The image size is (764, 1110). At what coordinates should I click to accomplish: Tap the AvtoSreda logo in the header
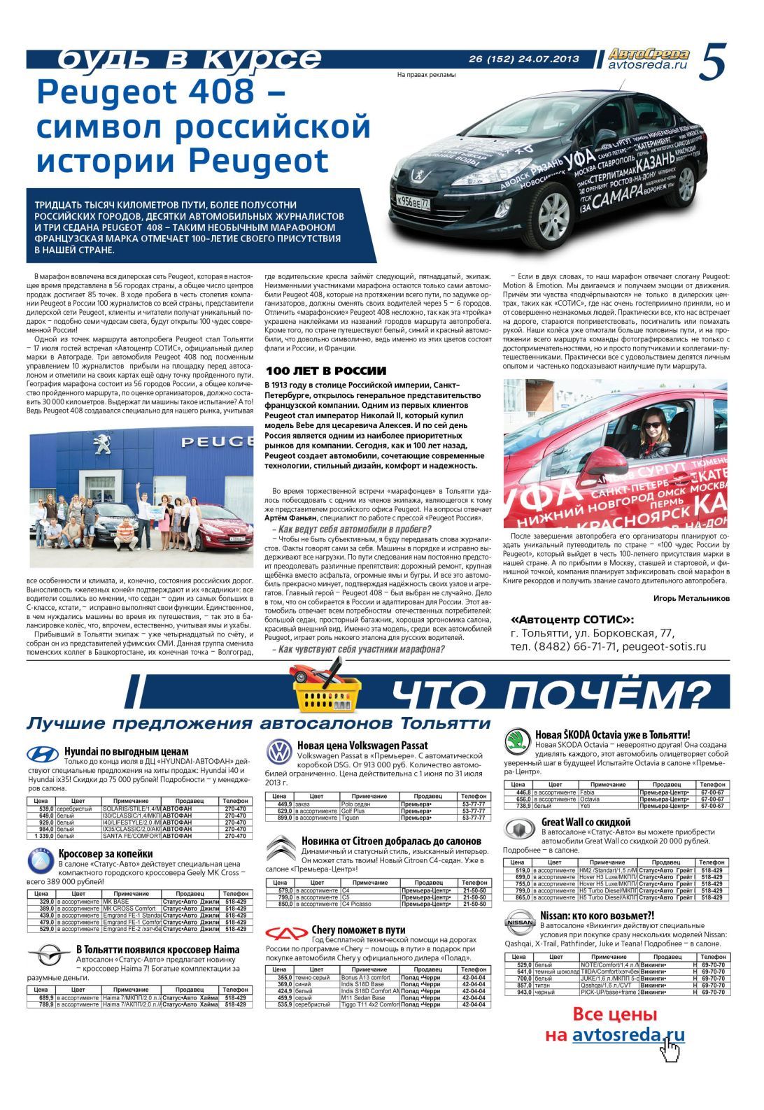pos(648,55)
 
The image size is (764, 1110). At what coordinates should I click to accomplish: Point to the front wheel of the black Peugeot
pos(553,211)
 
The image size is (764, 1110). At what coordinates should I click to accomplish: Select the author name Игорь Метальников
pos(691,598)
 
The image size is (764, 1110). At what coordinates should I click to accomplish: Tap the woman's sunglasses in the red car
pos(651,425)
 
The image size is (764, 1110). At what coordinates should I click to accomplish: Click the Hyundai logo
pos(43,754)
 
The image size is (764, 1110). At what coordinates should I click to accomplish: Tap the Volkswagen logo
pos(280,753)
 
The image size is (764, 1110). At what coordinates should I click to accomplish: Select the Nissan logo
pos(519,923)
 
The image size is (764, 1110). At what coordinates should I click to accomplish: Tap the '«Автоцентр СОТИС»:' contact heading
pos(572,620)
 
